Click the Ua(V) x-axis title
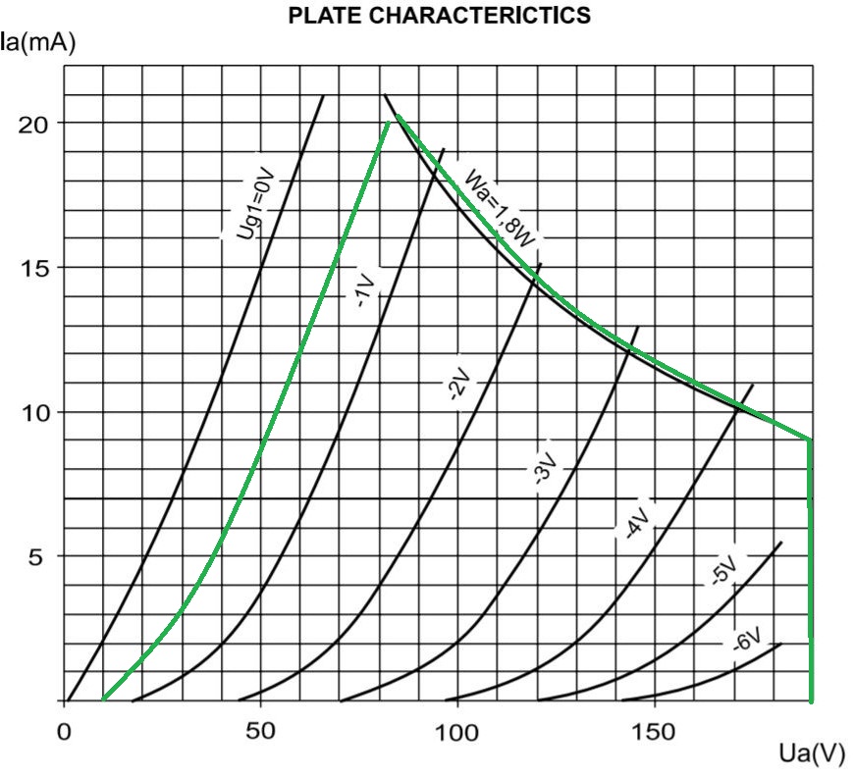tap(811, 753)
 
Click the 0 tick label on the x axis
tap(65, 732)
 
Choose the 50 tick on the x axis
tap(260, 732)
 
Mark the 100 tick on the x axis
tap(457, 732)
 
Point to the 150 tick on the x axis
tap(654, 732)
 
